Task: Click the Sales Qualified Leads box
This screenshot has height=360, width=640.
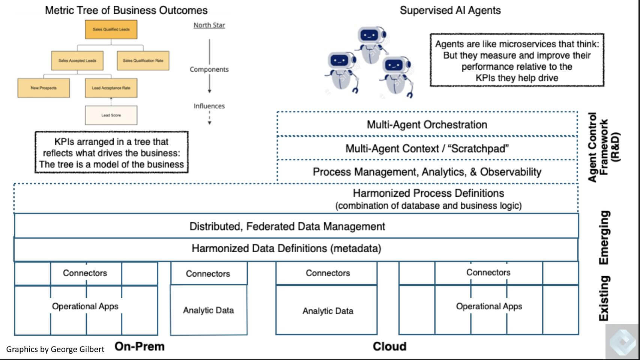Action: coord(111,29)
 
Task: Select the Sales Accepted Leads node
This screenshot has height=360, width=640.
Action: coord(77,60)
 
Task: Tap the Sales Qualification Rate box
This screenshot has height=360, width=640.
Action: coord(143,60)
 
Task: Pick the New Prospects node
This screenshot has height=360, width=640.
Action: coord(44,88)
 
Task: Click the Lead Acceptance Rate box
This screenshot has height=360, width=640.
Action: coord(111,88)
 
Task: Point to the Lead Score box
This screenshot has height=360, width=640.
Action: coord(111,115)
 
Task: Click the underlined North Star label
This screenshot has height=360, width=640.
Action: coord(209,25)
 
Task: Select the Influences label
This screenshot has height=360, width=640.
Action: coord(209,106)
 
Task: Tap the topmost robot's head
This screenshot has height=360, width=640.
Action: coord(371,36)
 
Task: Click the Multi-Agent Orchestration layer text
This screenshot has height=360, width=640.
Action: coord(427,125)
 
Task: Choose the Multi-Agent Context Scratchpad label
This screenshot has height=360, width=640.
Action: coord(427,149)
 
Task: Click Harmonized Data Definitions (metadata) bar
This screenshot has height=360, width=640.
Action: coord(286,249)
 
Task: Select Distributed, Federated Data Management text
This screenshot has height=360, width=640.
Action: coord(287,226)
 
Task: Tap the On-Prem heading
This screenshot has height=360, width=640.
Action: coord(140,346)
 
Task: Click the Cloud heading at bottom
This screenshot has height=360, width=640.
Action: coord(389,346)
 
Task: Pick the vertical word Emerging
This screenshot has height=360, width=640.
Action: coord(604,237)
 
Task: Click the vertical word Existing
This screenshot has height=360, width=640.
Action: coord(604,298)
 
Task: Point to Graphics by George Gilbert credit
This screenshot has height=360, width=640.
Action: coord(55,349)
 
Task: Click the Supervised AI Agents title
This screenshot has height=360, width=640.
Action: coord(450,11)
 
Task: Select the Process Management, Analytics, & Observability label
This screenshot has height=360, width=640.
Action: coord(427,172)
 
